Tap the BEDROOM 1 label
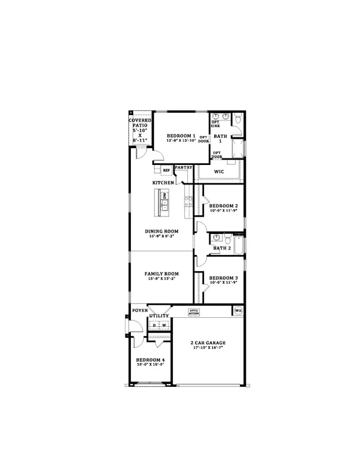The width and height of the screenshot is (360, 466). pos(181,136)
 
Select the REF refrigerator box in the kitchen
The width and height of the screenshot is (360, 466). pos(166,170)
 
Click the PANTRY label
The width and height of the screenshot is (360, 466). pos(183,168)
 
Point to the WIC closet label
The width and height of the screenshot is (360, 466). pos(220,173)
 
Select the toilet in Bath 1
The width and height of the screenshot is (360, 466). pos(238,120)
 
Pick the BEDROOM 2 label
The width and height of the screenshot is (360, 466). pos(224,205)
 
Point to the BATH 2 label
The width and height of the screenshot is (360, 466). pos(222,248)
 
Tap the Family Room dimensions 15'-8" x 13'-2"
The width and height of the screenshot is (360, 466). pos(162,279)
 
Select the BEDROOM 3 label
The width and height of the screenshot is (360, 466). pos(224,278)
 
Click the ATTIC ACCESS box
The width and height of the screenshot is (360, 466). pos(194,312)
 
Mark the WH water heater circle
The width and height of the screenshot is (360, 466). pos(238,311)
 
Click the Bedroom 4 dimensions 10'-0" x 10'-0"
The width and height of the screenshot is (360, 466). pos(151,364)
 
